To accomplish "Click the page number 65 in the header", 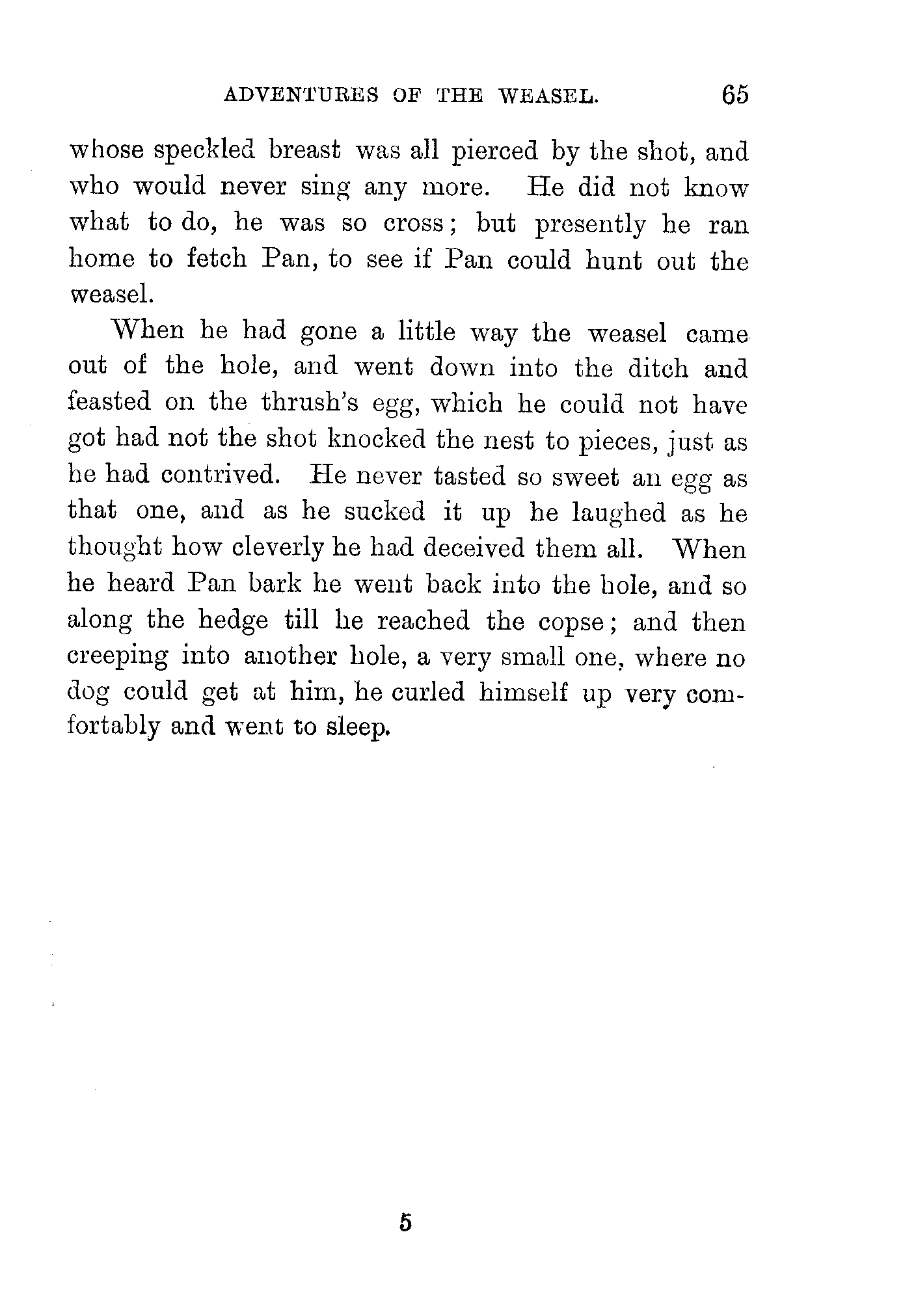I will click(734, 95).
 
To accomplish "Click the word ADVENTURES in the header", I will click(301, 96).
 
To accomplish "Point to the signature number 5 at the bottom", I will click(406, 1223).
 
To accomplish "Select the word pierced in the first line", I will click(495, 152).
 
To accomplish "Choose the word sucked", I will click(384, 513).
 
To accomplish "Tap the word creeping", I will click(118, 658).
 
